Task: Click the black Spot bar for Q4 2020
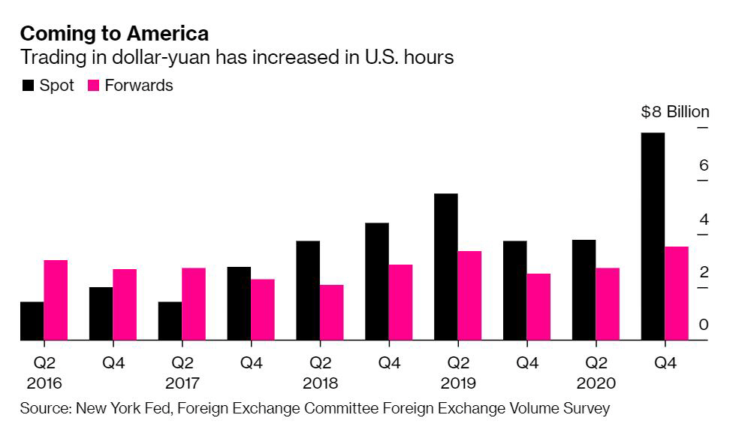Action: coord(653,237)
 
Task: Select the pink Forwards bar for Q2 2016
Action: coord(56,300)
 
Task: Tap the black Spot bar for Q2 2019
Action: coord(446,267)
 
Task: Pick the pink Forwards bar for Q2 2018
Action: coord(331,312)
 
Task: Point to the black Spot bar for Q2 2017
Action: coord(170,321)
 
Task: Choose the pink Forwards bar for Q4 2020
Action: coord(677,293)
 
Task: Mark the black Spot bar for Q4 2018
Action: coord(377,281)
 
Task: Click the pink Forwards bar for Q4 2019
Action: coord(538,307)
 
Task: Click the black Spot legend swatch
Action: coord(28,86)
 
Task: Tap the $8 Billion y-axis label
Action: coord(674,112)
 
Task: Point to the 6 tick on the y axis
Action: coord(704,165)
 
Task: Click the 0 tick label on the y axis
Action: coord(704,325)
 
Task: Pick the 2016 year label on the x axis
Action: coord(44,383)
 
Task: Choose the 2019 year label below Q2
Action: coord(458,383)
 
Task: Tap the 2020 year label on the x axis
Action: coord(596,383)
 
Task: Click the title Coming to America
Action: coord(114,34)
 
